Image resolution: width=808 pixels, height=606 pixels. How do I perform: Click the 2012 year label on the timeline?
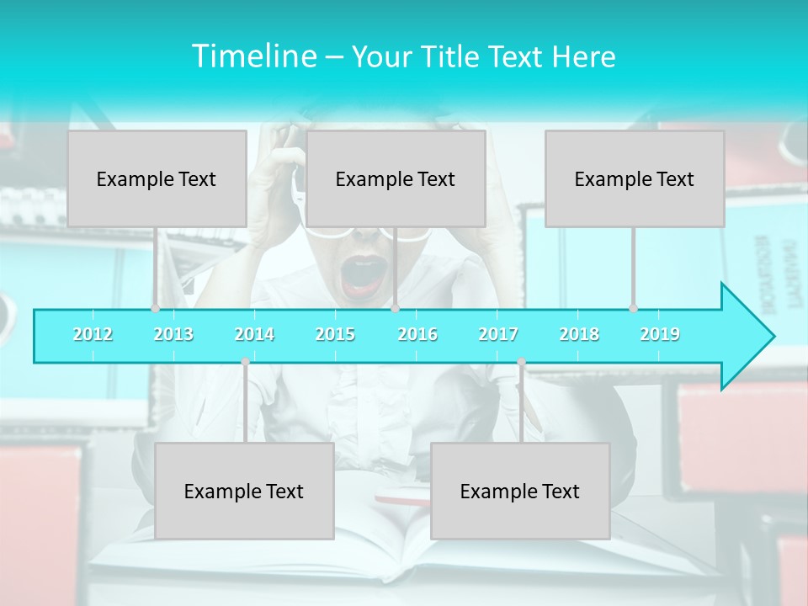pos(93,334)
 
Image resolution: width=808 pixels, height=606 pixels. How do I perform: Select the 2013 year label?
pos(173,334)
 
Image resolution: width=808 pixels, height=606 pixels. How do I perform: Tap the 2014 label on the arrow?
pos(254,334)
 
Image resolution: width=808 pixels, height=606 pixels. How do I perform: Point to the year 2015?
pos(335,334)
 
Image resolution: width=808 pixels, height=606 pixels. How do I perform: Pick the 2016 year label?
pos(417,334)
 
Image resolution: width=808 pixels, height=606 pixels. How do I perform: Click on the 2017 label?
pos(498,334)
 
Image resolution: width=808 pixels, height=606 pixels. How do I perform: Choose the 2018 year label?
pos(579,334)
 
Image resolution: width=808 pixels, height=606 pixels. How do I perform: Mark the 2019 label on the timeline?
pos(660,334)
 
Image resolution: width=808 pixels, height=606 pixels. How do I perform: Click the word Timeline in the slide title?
pos(252,56)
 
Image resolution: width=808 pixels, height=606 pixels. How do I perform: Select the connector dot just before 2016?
pos(395,308)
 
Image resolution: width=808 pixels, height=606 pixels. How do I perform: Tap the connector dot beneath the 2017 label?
pos(521,362)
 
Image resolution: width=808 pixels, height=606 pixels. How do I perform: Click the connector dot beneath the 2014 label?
pos(245,362)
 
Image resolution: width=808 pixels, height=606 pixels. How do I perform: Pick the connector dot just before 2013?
pos(155,308)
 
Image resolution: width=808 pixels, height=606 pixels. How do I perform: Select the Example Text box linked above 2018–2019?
pos(635,178)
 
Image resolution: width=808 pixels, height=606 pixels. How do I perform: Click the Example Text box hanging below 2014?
pos(244,491)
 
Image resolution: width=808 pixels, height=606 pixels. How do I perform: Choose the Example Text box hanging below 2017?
pos(520,491)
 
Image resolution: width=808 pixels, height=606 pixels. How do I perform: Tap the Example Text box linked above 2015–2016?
pos(396,178)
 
